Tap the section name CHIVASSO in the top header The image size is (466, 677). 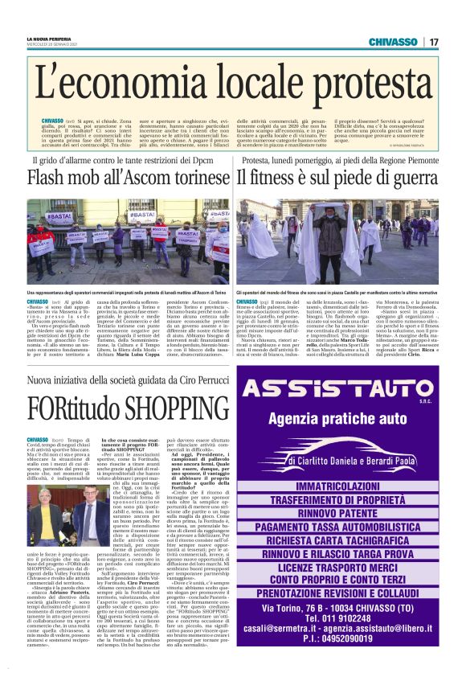click(x=393, y=41)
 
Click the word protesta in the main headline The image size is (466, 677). click(x=361, y=84)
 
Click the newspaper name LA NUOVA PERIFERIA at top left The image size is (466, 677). click(x=48, y=39)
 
